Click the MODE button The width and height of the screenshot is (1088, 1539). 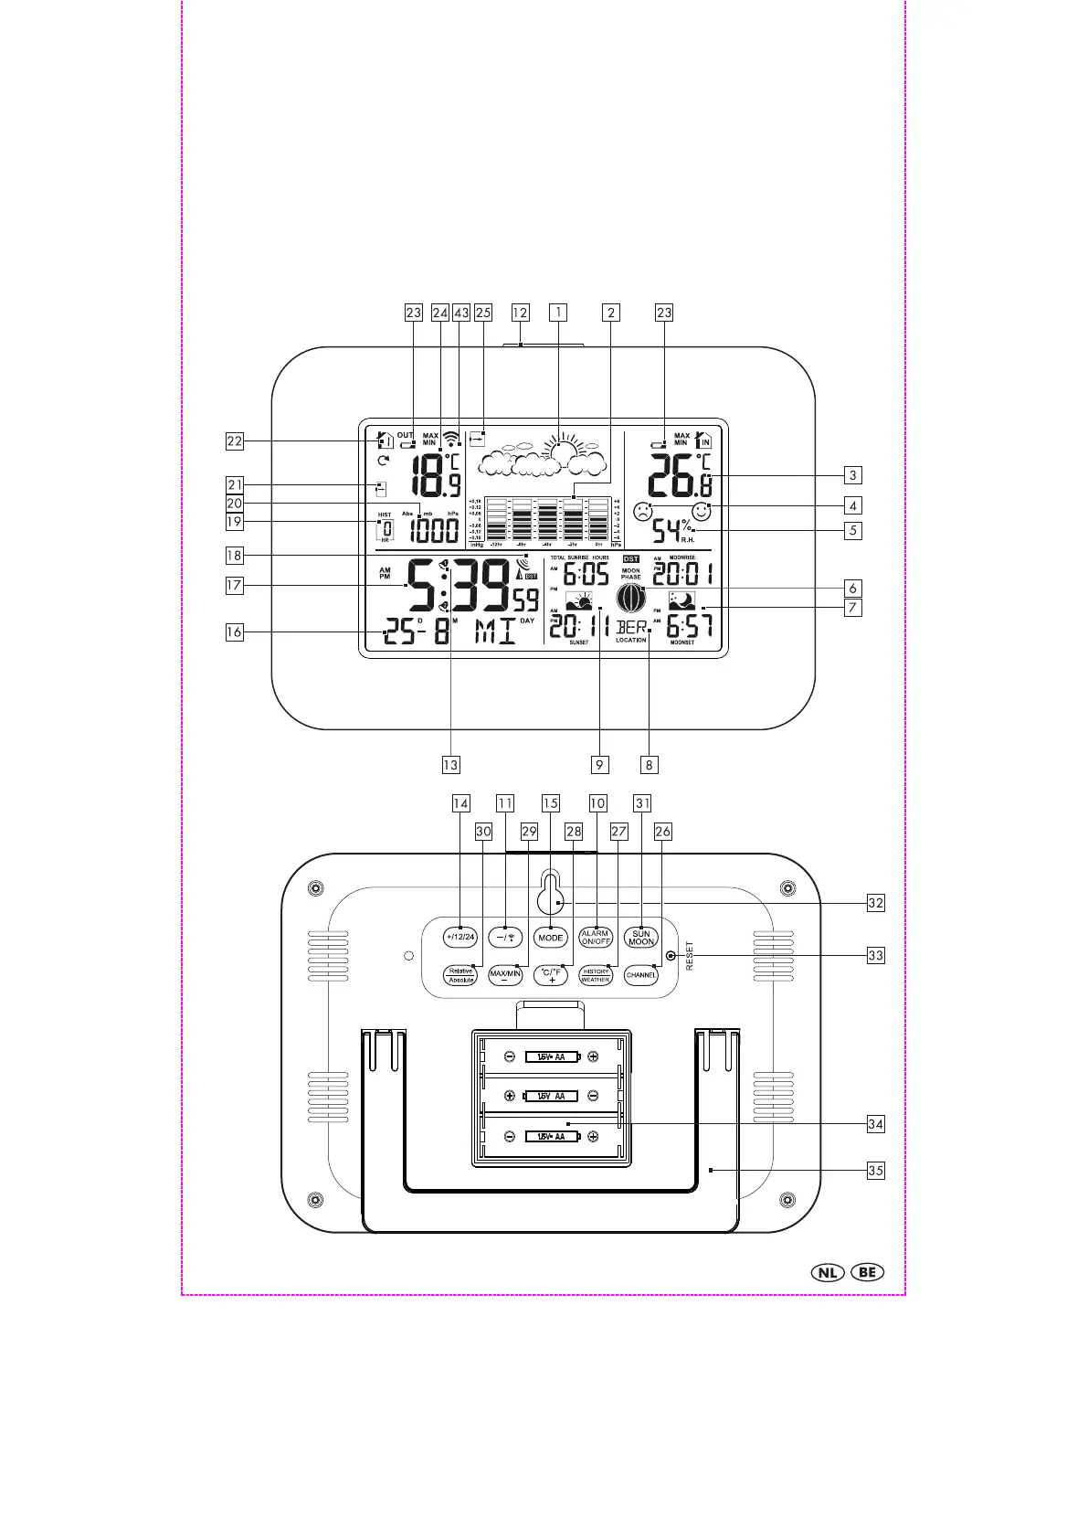551,938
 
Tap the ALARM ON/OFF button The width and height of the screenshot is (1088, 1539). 596,938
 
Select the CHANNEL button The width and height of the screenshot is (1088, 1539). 641,975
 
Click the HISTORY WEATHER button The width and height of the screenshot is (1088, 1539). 596,975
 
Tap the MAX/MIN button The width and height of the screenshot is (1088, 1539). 505,975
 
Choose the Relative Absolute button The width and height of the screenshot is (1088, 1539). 460,975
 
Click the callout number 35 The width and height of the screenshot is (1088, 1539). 876,1170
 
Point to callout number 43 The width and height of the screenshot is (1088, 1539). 461,313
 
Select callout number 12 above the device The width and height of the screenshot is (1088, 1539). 520,313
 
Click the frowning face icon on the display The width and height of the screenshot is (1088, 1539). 643,513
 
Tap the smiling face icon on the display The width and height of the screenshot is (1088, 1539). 702,513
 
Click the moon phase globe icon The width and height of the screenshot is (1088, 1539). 630,599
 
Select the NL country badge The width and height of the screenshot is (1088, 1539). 827,1272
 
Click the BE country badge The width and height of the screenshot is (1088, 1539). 867,1272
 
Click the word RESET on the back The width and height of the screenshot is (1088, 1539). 690,956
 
